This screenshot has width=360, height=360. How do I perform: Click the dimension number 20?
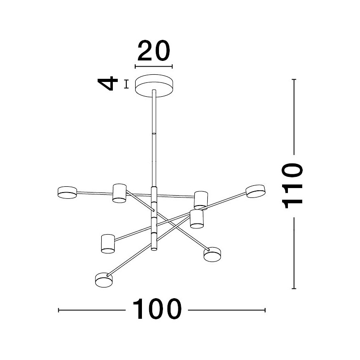154,51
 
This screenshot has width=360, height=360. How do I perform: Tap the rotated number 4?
107,84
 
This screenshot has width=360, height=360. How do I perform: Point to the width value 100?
157,309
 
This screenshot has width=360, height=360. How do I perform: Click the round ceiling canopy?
154,86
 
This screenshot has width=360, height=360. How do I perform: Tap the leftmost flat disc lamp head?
67,193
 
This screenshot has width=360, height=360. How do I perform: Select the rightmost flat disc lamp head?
256,191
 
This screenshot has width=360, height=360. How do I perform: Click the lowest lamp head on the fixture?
104,280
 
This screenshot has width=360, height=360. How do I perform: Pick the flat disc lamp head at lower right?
212,254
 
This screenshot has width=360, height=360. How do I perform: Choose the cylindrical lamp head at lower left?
108,244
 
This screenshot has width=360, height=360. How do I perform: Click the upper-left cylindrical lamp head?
120,193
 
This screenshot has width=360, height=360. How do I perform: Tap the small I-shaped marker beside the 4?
126,84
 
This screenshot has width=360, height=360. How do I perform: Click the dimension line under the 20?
154,67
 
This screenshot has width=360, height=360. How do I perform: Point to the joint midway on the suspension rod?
154,133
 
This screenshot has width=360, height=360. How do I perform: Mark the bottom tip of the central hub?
154,250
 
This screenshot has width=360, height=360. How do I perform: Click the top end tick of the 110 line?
294,79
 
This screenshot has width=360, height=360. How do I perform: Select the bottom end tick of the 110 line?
294,289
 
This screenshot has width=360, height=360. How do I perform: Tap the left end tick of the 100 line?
59,310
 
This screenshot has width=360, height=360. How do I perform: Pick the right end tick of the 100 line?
265,310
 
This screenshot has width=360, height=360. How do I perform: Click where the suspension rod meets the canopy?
154,91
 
